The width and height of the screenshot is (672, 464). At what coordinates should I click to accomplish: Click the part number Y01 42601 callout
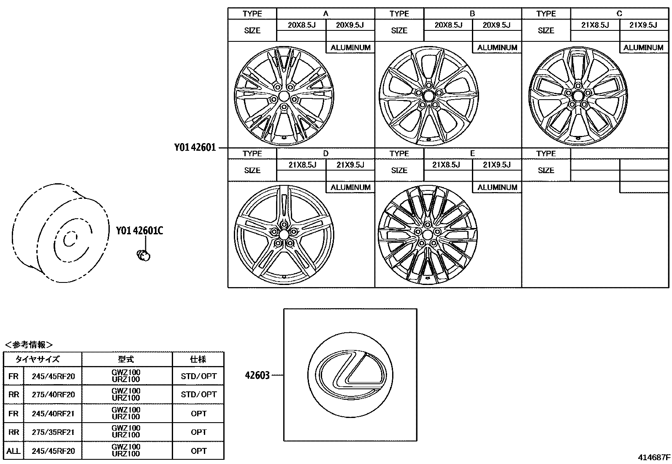(195, 147)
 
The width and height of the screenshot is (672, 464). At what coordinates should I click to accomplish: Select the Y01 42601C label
(139, 231)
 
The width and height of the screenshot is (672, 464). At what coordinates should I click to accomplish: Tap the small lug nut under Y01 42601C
(144, 255)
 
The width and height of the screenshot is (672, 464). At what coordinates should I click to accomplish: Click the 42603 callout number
(257, 375)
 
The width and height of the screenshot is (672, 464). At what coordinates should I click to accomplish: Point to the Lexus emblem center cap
(350, 375)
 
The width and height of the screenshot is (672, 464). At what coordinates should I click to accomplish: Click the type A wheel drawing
(284, 96)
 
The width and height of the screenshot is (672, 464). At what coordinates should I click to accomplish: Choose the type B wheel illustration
(429, 96)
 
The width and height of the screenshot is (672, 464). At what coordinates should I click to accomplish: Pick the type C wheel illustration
(578, 96)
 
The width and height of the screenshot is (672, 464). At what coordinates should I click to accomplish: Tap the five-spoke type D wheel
(284, 235)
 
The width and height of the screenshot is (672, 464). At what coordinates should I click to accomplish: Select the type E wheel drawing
(428, 235)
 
